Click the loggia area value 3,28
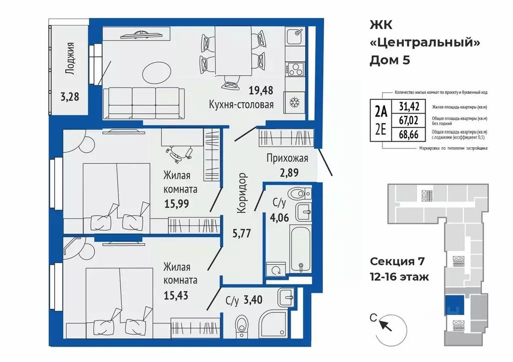pos(70,97)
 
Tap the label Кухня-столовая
pos(241,105)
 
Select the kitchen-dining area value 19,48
pos(261,90)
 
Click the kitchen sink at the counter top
pos(295,37)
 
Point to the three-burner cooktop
pos(295,70)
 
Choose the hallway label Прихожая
pos(287,158)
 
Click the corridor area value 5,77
pos(241,233)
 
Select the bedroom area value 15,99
pos(177,204)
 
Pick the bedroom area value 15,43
pos(176,295)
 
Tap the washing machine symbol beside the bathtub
pos(276,270)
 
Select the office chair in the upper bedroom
pos(179,154)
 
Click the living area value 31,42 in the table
pos(409,106)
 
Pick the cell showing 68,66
pos(409,134)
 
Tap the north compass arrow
pos(385,325)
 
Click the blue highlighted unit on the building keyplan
pos(454,305)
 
